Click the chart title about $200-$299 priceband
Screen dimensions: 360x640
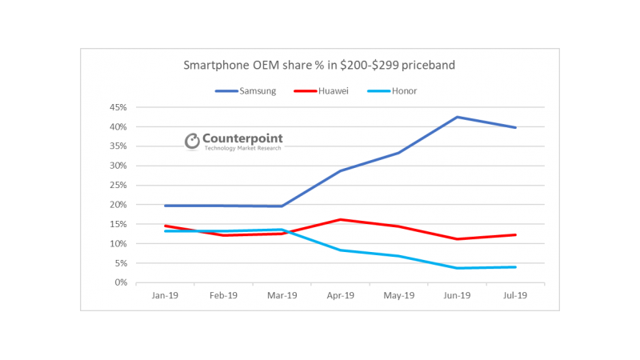coord(319,65)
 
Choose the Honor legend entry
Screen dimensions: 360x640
coord(403,90)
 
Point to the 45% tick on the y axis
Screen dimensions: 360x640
coord(118,107)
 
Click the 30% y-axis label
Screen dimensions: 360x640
coord(118,166)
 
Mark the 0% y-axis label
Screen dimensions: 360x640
coord(120,282)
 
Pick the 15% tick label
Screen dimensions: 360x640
coord(118,224)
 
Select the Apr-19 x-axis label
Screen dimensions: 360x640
coord(342,295)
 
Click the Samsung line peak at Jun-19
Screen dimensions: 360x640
coord(458,117)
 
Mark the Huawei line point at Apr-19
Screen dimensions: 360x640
coord(342,219)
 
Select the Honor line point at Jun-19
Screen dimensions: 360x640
coord(458,268)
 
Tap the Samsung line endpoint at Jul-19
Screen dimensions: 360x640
coord(516,127)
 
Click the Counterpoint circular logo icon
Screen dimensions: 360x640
coord(192,141)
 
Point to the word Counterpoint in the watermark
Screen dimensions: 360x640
coord(243,138)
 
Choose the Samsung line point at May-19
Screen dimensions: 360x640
coord(399,153)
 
